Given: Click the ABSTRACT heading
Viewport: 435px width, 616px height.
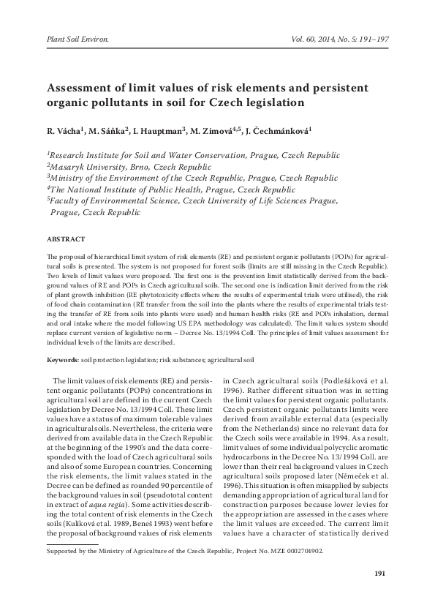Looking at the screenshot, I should (x=66, y=239).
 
